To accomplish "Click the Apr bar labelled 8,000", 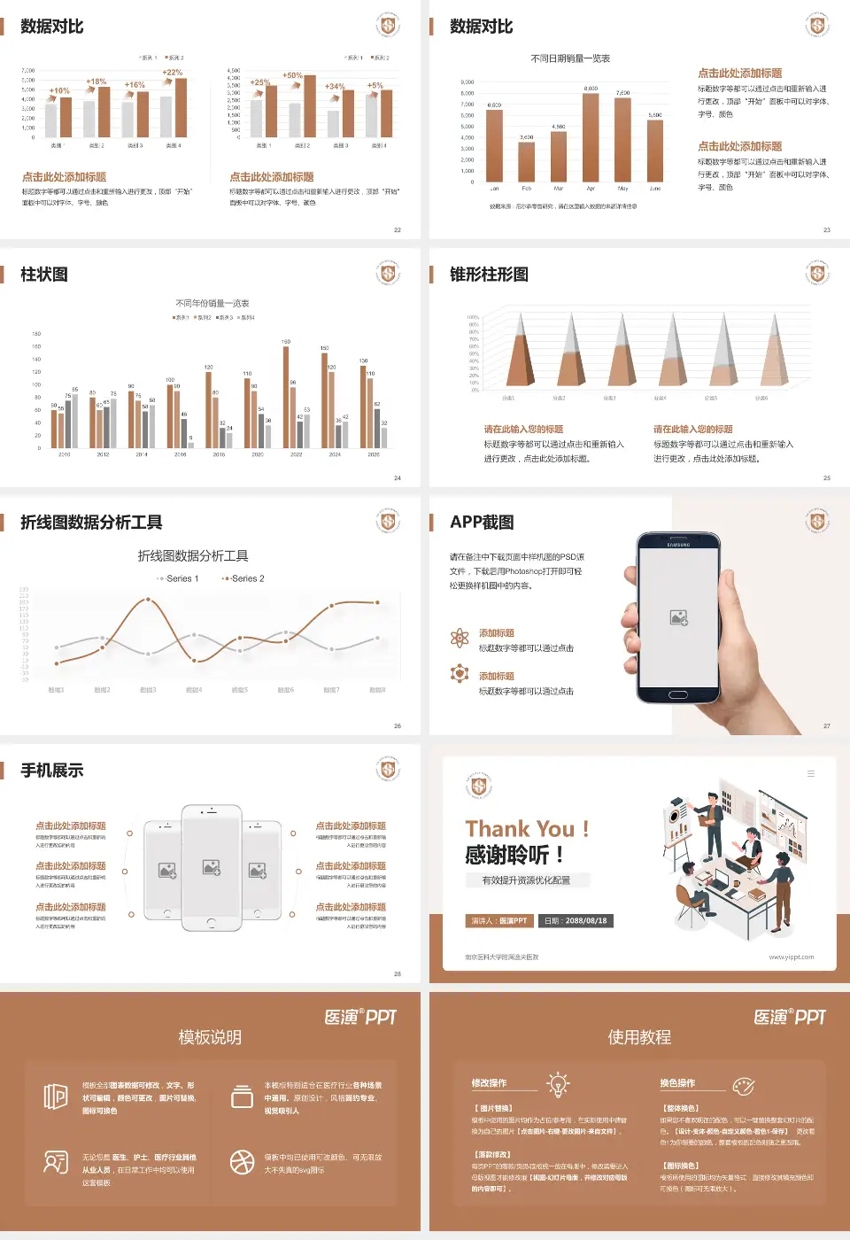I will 591,136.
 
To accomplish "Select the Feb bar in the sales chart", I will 526,160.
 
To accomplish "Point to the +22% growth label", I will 173,73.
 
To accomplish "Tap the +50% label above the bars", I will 292,76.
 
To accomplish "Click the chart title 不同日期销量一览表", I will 570,58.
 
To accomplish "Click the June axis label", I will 655,189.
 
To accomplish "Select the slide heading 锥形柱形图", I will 489,275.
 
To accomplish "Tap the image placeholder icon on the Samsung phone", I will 679,617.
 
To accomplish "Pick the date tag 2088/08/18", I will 576,921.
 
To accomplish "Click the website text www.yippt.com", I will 791,957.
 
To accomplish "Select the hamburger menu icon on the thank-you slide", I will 810,774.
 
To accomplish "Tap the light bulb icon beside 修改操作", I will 558,1084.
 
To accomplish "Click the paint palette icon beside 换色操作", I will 744,1085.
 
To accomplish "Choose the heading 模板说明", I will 210,1037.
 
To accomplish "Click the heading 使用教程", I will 639,1037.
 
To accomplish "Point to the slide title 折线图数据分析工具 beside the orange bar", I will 91,523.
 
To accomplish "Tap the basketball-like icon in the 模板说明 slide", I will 242,1162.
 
